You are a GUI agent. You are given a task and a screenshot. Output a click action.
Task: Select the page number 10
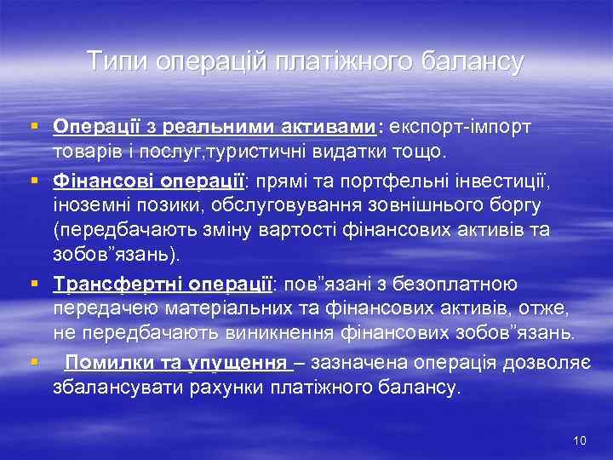[x=581, y=440]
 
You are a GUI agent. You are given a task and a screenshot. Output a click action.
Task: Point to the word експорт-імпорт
[x=460, y=127]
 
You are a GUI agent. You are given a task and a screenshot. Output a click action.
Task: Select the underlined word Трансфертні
[x=105, y=284]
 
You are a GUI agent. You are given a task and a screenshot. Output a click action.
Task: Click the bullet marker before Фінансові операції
[x=34, y=181]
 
